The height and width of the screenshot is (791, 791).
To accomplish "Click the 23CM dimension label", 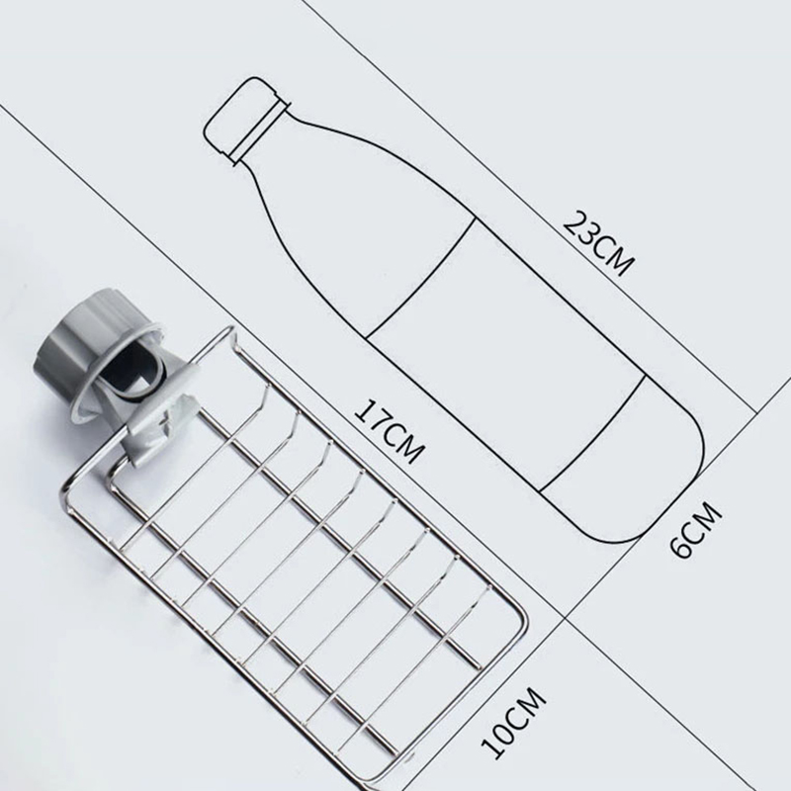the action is click(598, 243).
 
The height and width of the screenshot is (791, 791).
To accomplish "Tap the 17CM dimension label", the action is click(389, 432).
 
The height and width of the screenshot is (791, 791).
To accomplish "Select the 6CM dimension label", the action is click(696, 528).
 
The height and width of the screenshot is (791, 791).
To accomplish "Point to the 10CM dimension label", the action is click(513, 722).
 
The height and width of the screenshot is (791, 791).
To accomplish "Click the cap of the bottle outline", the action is click(246, 120).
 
